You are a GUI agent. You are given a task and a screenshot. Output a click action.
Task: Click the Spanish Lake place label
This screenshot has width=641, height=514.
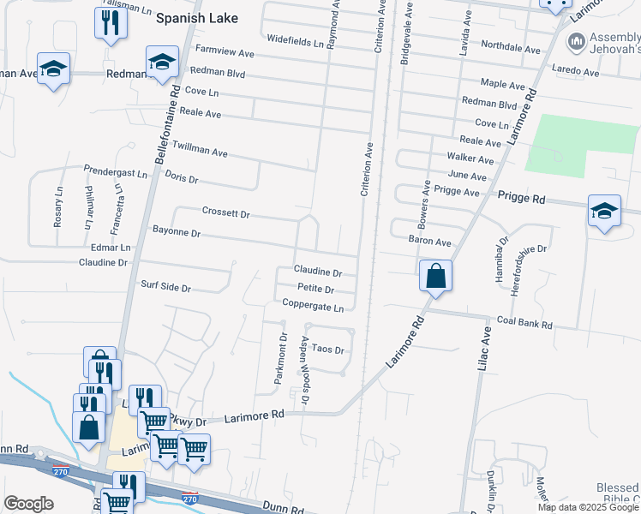click(196, 17)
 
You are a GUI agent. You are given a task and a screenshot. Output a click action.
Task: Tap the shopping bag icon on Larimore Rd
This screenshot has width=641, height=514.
click(435, 277)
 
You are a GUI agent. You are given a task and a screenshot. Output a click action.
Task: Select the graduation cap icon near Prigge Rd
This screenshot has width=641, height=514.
click(603, 212)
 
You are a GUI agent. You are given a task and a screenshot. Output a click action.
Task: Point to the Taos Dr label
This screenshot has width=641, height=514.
click(327, 350)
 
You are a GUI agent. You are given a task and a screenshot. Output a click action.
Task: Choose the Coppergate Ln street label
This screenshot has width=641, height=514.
click(313, 306)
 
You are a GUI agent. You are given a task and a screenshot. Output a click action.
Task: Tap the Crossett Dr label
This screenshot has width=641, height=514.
click(225, 212)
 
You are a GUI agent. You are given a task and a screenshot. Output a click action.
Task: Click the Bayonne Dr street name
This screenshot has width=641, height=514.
click(176, 232)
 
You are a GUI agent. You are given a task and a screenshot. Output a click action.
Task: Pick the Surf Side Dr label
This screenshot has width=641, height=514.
click(165, 287)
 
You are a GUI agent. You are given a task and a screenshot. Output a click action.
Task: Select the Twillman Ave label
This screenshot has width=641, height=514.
click(200, 149)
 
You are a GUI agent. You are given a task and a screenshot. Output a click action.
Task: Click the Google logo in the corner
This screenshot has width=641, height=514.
click(29, 503)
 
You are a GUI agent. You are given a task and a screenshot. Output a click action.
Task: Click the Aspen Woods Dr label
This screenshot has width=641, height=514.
click(304, 358)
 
